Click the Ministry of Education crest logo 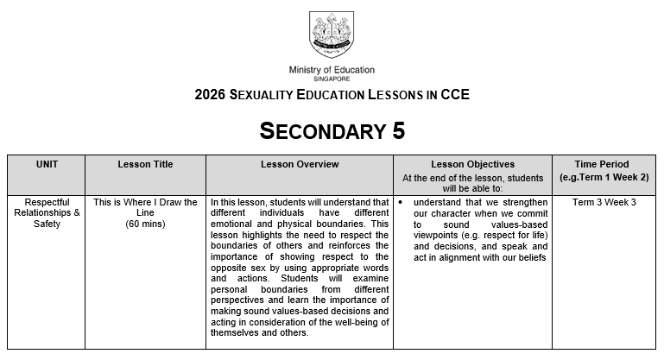point(332,35)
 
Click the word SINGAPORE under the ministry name point(332,79)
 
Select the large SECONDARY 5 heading point(332,131)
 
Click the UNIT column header point(47,164)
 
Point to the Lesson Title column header point(145,164)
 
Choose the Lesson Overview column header point(300,164)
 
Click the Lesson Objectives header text point(472,164)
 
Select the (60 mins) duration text point(145,224)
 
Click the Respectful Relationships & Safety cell point(47,213)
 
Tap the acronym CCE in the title point(453,95)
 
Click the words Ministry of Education point(332,70)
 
